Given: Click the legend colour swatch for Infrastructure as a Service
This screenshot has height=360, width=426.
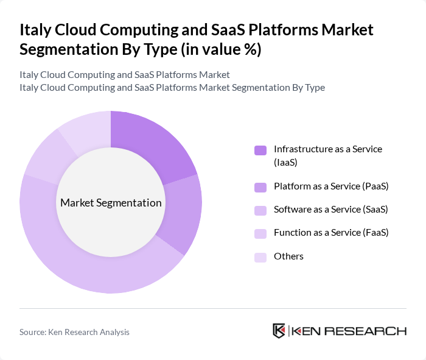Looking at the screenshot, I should coord(260,150).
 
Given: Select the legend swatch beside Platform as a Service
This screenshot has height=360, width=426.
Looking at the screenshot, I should coord(260,187).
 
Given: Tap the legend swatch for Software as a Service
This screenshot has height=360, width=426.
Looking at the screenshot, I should coord(260,210).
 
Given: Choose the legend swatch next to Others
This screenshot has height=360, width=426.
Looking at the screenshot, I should coord(260,256).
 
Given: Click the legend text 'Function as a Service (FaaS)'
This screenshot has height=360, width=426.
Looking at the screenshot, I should coord(331,233).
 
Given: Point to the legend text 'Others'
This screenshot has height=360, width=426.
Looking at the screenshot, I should coord(288,256).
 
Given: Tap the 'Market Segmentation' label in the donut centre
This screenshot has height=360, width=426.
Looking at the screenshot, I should coord(111,203).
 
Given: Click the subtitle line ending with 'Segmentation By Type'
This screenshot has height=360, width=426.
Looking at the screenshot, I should coord(172,88).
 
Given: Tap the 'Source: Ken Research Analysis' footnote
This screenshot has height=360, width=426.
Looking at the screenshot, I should coord(74,332).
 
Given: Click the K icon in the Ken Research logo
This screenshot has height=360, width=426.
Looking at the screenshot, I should coord(279,331).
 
